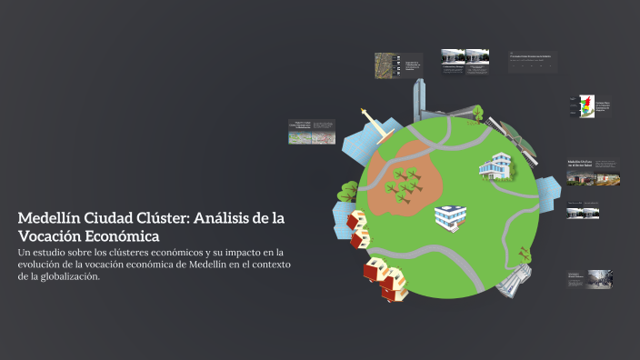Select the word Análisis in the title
(229, 218)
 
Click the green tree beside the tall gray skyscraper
(477, 113)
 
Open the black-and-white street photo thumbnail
(599, 279)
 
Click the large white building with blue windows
(496, 166)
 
